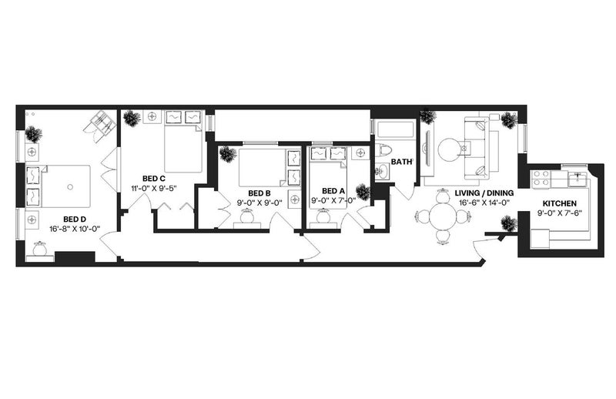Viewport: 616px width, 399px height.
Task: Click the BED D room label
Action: click(x=74, y=220)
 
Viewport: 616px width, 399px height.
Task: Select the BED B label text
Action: click(x=259, y=193)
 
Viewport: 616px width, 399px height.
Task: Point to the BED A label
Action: click(x=333, y=191)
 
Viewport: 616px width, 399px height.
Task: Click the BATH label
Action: click(x=401, y=162)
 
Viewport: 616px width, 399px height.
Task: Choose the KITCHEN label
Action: click(x=560, y=203)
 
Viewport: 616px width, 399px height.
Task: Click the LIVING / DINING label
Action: click(x=484, y=193)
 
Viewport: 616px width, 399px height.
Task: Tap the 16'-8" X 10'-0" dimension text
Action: click(x=75, y=229)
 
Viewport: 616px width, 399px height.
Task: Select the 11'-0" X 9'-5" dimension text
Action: click(x=154, y=188)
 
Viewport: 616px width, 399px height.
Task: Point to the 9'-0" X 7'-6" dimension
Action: click(x=560, y=213)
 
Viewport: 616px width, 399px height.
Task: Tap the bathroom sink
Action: click(x=381, y=172)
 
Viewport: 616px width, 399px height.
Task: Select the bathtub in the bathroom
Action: click(x=395, y=129)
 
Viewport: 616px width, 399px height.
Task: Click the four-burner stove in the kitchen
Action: click(x=541, y=178)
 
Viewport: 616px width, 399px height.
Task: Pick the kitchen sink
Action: click(x=577, y=179)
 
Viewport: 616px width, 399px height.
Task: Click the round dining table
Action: click(x=443, y=216)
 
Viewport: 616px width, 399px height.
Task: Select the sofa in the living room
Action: click(x=476, y=147)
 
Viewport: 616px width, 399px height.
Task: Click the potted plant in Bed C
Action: click(x=131, y=118)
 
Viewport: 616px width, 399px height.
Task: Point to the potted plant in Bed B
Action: click(x=227, y=154)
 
